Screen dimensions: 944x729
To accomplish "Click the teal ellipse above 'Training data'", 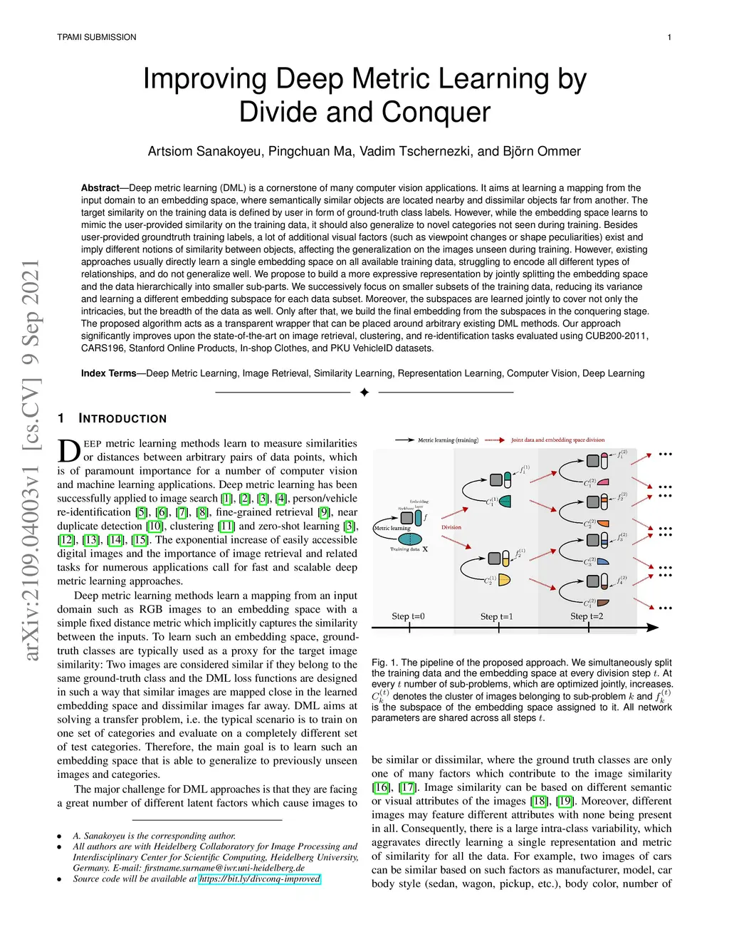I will [409, 539].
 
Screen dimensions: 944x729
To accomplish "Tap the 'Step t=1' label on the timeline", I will [496, 616].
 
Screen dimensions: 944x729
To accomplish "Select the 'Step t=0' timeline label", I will [408, 616].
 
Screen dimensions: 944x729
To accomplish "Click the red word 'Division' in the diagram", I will [451, 527].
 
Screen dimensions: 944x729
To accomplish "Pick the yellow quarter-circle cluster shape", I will [505, 580].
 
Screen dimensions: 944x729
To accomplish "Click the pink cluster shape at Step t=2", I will [603, 482].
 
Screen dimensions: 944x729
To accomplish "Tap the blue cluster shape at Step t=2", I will [603, 561].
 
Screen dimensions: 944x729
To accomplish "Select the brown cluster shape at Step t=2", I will [603, 603].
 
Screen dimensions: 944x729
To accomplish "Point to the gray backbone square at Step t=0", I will [408, 518].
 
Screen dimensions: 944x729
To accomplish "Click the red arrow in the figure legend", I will [495, 440].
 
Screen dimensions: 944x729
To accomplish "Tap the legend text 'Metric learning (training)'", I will [448, 440].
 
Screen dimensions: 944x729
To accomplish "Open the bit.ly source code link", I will [260, 879].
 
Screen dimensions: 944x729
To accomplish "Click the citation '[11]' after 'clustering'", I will [226, 527].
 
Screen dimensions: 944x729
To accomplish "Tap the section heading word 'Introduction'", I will [122, 419].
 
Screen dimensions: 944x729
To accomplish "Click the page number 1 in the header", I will [669, 37].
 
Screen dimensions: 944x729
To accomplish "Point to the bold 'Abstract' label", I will [100, 188].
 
